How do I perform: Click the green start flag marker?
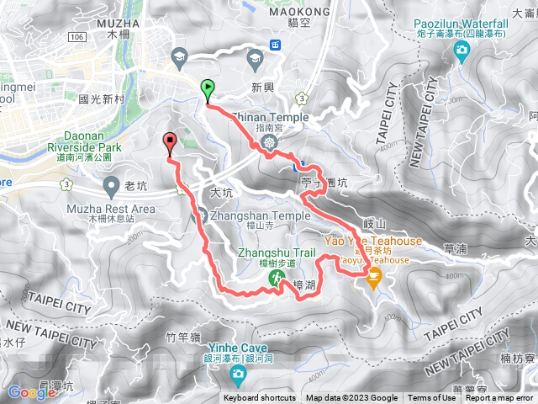[x=208, y=88]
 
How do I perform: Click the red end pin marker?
[x=170, y=141]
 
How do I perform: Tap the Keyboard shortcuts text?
[x=261, y=398]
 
